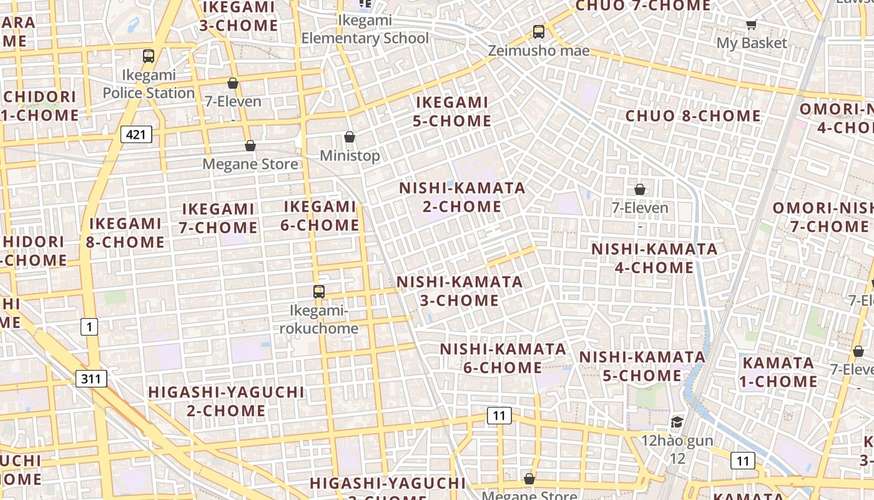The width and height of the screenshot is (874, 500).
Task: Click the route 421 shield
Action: (x=135, y=134)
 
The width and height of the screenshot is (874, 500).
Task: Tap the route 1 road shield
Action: (x=89, y=326)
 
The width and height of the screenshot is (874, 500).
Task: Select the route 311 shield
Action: (x=91, y=378)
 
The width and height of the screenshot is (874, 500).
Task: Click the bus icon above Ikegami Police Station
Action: (x=148, y=56)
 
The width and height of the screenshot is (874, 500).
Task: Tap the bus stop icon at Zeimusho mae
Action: (x=538, y=31)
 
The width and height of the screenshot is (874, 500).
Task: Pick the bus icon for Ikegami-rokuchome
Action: (x=319, y=291)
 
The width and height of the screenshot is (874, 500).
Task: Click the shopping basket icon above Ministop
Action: (x=350, y=137)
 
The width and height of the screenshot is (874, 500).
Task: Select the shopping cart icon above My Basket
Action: (x=751, y=25)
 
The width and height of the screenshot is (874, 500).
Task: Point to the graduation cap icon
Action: (x=677, y=422)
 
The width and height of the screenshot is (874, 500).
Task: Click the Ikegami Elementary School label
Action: (x=365, y=29)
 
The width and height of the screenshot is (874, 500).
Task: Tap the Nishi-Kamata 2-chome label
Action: (x=463, y=197)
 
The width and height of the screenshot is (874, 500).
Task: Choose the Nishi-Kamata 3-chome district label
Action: (x=459, y=291)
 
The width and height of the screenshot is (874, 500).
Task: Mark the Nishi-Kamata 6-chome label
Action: (x=503, y=357)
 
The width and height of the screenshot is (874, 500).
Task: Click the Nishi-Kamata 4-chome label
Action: (x=654, y=258)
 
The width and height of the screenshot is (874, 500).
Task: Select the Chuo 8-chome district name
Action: (x=693, y=116)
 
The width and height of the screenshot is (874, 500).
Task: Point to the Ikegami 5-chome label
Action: (x=452, y=111)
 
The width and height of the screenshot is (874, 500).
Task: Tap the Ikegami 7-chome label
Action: (x=218, y=218)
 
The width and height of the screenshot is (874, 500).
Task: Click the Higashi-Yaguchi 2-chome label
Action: (x=226, y=401)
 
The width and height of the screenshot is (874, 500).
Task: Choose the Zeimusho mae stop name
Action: (x=539, y=51)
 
